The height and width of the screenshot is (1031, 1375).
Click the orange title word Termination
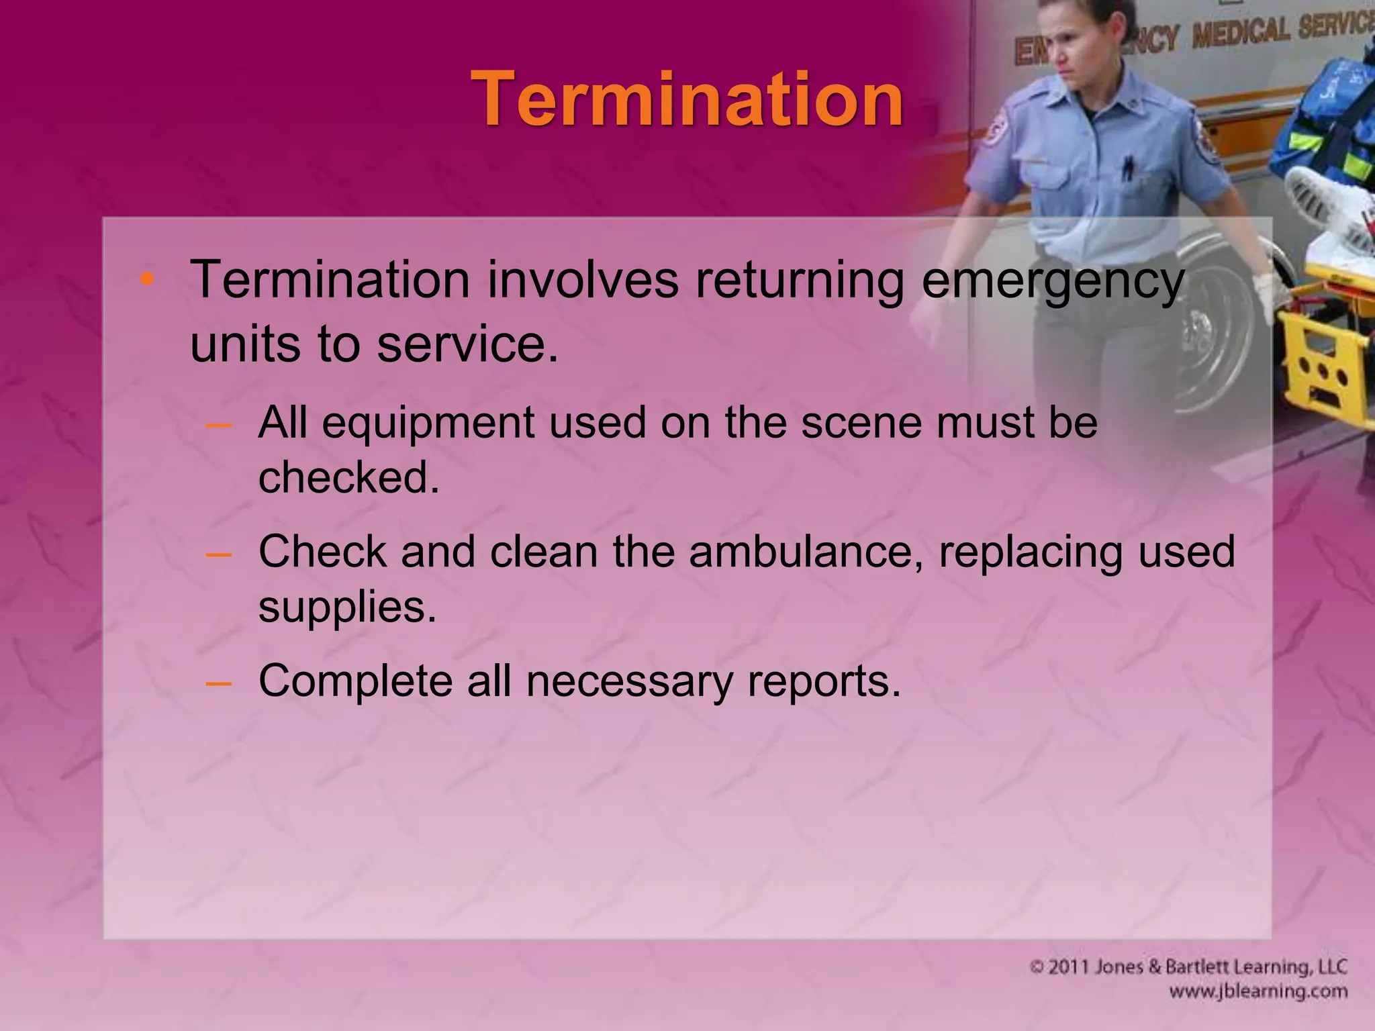click(687, 99)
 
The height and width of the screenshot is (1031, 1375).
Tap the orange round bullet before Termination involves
click(147, 279)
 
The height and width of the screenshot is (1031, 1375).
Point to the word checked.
click(348, 477)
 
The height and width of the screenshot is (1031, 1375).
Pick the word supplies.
click(347, 608)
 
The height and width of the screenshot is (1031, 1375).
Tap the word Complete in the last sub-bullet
click(355, 681)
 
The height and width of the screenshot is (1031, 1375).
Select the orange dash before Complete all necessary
click(219, 683)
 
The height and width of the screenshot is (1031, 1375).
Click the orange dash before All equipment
click(219, 425)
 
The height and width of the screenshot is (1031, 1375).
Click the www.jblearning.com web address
click(1258, 991)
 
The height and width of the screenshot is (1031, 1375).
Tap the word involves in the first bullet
click(583, 280)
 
